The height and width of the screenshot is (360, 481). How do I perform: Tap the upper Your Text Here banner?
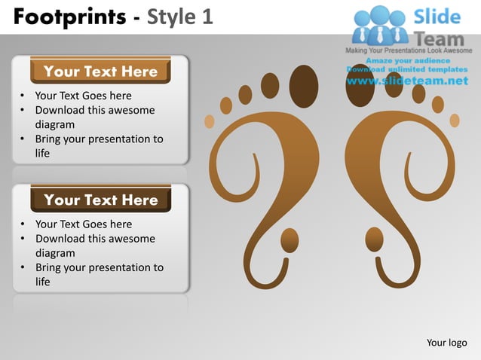[100, 72]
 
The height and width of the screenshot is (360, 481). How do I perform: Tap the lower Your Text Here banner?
[100, 200]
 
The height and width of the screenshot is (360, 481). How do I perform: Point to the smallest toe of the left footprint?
[210, 121]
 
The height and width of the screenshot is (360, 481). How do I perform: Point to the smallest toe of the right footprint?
[455, 121]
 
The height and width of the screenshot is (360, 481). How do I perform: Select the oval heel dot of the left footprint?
[290, 241]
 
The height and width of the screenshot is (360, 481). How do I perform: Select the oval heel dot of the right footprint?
[375, 240]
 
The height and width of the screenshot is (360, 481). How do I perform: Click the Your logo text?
[446, 343]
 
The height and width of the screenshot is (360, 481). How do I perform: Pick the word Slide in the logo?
[437, 17]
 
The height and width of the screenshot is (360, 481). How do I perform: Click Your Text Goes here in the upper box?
[83, 96]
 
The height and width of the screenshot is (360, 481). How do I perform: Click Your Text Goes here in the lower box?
[83, 224]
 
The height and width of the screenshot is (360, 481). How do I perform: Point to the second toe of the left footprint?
[269, 86]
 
